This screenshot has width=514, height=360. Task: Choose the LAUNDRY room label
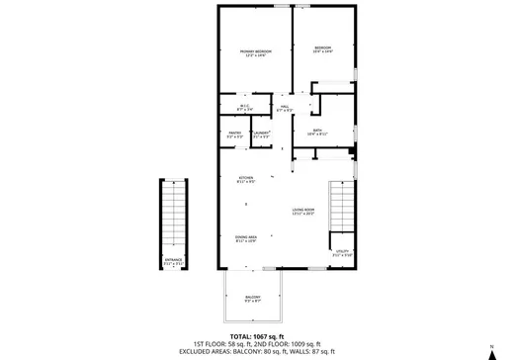click(261, 134)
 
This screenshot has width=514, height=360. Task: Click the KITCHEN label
click(246, 179)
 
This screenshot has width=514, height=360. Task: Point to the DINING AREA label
click(246, 238)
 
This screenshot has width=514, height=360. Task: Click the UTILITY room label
click(343, 253)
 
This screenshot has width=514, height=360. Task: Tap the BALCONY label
click(253, 298)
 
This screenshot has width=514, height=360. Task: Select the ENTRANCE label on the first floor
click(173, 262)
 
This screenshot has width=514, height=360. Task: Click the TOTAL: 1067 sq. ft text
click(257, 336)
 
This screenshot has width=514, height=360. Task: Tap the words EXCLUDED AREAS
click(203, 351)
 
